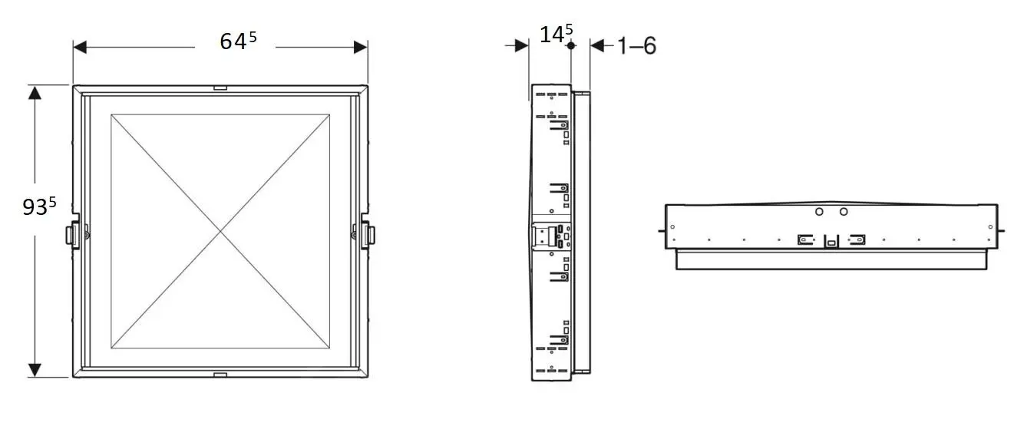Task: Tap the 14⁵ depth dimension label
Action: [x=556, y=35]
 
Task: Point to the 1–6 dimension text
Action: [x=636, y=46]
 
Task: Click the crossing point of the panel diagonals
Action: [x=221, y=231]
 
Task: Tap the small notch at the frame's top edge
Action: [x=220, y=88]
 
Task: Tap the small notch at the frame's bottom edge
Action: [x=220, y=375]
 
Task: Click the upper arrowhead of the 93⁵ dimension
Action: [x=35, y=93]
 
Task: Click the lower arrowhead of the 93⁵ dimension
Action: [x=35, y=370]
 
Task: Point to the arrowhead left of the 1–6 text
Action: [x=597, y=46]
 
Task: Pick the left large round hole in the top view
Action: [x=819, y=211]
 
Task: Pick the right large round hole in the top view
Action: [x=844, y=211]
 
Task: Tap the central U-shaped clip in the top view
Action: [x=831, y=241]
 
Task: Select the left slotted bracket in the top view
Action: [x=805, y=239]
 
